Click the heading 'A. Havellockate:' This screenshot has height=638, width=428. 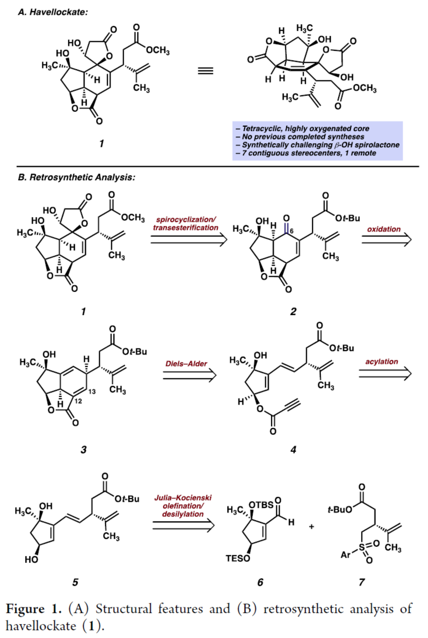[x=53, y=12]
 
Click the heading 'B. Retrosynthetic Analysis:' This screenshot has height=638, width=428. [x=76, y=177]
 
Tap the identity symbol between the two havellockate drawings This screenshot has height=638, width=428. [x=205, y=71]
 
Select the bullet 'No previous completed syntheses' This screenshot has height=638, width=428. [x=303, y=137]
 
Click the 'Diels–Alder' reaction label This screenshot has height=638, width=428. [x=186, y=364]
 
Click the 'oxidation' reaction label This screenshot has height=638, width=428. [x=384, y=229]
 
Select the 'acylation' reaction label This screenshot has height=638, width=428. [x=382, y=361]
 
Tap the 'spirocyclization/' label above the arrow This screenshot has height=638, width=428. [x=186, y=220]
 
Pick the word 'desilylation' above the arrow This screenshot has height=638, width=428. [x=183, y=514]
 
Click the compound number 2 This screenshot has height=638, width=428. [x=293, y=312]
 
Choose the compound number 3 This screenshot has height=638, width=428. [x=83, y=450]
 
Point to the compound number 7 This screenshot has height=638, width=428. [x=362, y=582]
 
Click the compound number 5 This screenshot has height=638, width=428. [x=75, y=582]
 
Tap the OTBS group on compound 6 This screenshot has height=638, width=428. [x=261, y=504]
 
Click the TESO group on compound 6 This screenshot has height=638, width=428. [x=238, y=558]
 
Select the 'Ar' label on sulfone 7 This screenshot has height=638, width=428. [x=346, y=555]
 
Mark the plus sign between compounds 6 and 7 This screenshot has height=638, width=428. [x=311, y=527]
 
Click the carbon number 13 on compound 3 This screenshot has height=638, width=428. [x=92, y=391]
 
